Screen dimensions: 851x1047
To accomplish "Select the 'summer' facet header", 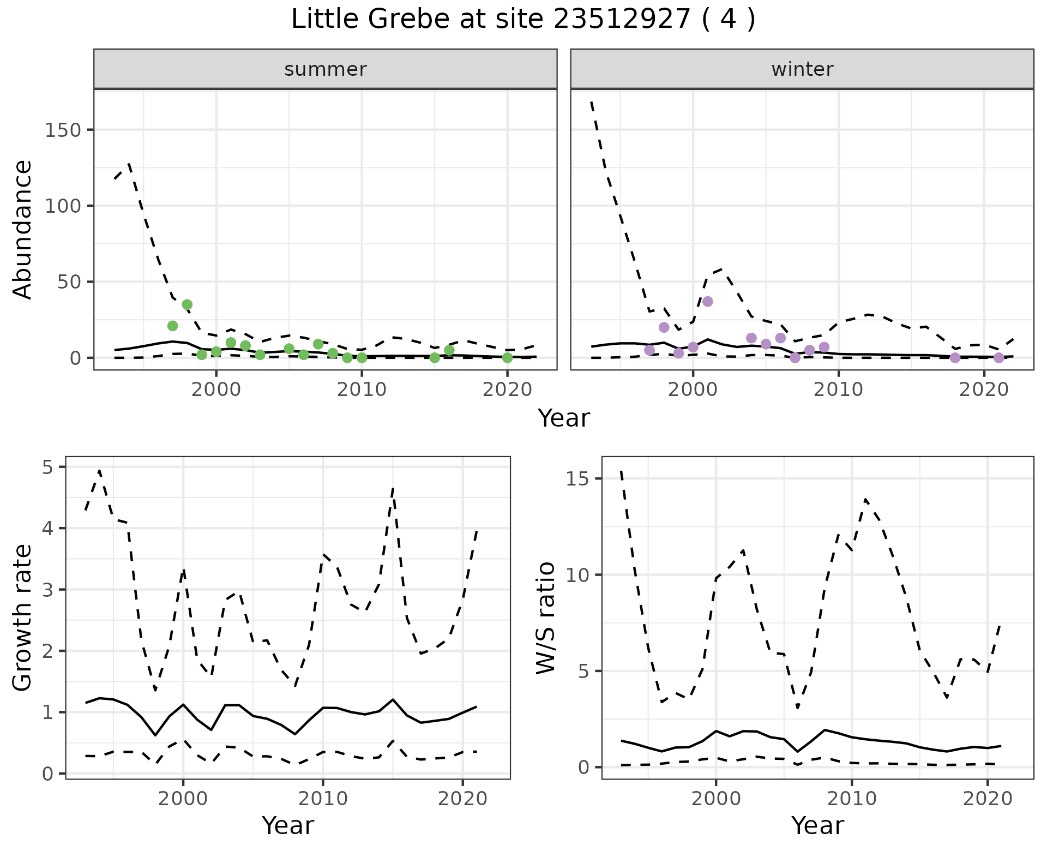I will point(325,69).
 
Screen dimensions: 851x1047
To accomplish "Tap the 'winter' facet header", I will point(802,69).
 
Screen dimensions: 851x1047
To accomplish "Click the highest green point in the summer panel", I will point(187,304).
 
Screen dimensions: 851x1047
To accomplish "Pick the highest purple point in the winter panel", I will point(708,302).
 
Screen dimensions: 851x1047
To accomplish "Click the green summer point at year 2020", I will point(507,358).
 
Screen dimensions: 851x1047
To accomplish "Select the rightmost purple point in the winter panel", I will point(998,358).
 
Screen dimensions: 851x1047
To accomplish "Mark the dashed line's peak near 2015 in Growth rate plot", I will point(393,488).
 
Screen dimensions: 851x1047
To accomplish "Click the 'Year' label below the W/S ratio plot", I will point(817,826).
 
